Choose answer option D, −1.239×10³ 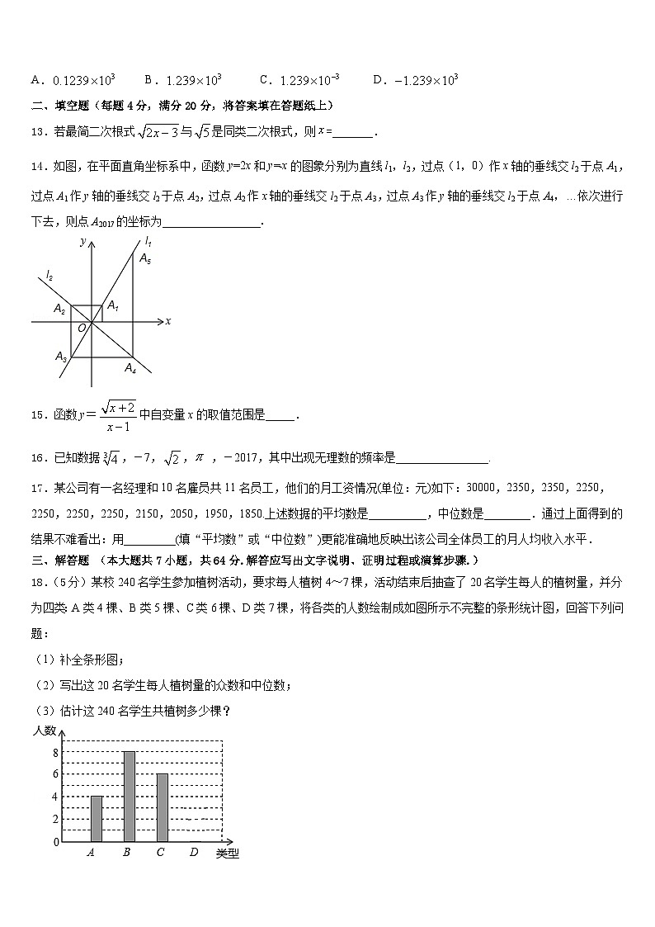[x=416, y=80]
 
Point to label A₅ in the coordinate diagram [x=145, y=258]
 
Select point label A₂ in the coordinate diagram [x=59, y=308]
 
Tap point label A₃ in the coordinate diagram [x=61, y=357]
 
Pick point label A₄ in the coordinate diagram [x=130, y=368]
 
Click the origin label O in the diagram [x=82, y=329]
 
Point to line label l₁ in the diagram [x=148, y=241]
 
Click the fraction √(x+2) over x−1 [x=119, y=415]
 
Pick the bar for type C [x=162, y=807]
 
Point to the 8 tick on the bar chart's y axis [x=55, y=752]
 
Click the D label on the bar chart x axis [x=193, y=853]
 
